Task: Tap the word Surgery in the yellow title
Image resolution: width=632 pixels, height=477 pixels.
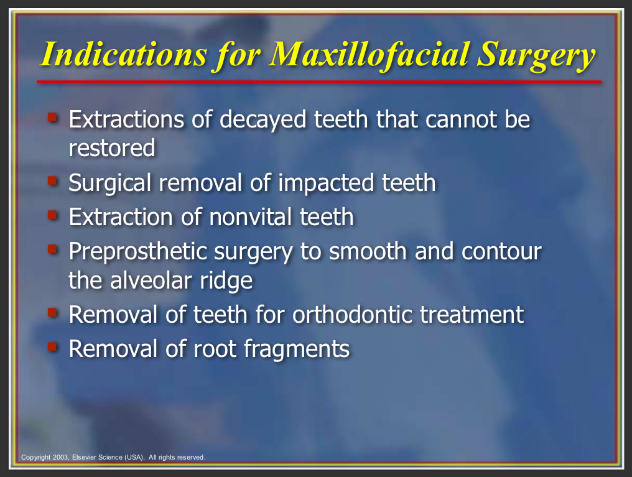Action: (x=536, y=57)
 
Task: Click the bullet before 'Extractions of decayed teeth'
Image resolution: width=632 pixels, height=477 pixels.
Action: (x=52, y=118)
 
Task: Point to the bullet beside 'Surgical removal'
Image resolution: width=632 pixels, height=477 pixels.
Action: (x=52, y=180)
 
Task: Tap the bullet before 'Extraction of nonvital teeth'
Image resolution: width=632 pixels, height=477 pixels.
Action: (x=52, y=215)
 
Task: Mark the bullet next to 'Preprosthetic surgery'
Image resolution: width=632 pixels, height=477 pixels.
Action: (x=52, y=249)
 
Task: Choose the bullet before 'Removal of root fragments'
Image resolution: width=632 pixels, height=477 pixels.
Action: (x=52, y=346)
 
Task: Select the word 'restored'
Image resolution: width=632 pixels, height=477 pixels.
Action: (x=112, y=148)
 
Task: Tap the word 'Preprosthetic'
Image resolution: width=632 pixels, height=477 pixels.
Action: (x=137, y=252)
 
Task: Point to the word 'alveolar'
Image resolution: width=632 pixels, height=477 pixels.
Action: (x=151, y=280)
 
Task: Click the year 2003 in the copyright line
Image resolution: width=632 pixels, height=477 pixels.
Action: (x=61, y=457)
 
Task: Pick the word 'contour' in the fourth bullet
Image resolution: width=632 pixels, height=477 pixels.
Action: (x=501, y=251)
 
